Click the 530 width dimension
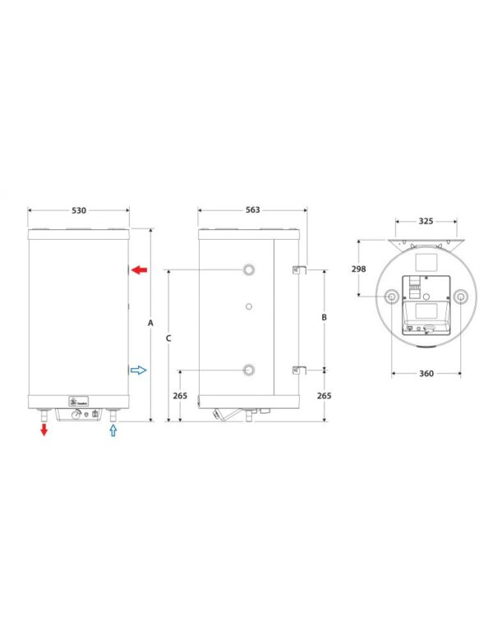[78, 210]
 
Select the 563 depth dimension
[252, 210]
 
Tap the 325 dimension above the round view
[426, 222]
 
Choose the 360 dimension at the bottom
[425, 374]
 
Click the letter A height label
[150, 324]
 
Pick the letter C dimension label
[168, 338]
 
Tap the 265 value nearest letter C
[180, 396]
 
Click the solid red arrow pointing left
[139, 269]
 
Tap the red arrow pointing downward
[43, 430]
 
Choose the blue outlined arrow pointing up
[113, 430]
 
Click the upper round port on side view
[248, 270]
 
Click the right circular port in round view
[459, 297]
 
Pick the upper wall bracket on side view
[297, 269]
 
